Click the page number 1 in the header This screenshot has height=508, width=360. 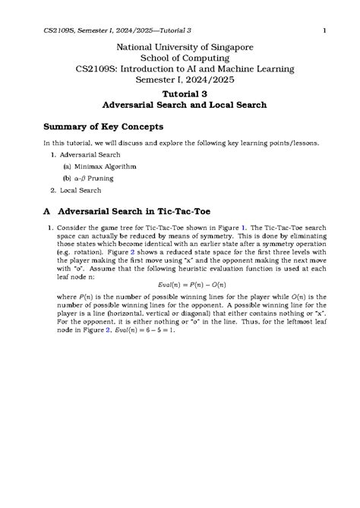click(324, 30)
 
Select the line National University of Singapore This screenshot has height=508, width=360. click(179, 46)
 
